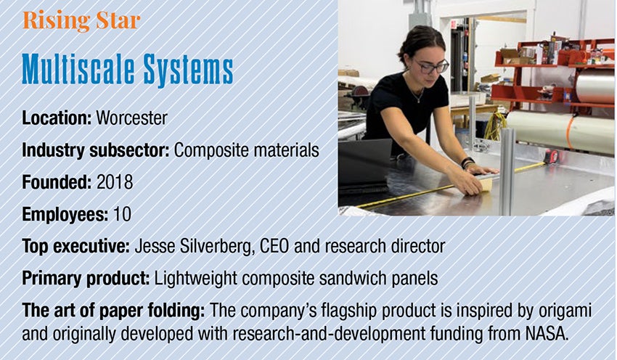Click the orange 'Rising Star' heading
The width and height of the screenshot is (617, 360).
(81, 21)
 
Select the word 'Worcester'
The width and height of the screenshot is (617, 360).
(132, 118)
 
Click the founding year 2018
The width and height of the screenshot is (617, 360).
(115, 182)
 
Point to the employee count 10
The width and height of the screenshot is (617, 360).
(122, 214)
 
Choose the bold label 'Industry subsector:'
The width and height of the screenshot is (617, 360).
(96, 150)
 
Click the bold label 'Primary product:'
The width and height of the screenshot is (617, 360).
(86, 279)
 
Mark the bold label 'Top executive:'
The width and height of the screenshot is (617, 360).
(76, 247)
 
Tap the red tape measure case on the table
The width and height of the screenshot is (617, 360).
(551, 157)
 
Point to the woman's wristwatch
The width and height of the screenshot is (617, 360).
(467, 162)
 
